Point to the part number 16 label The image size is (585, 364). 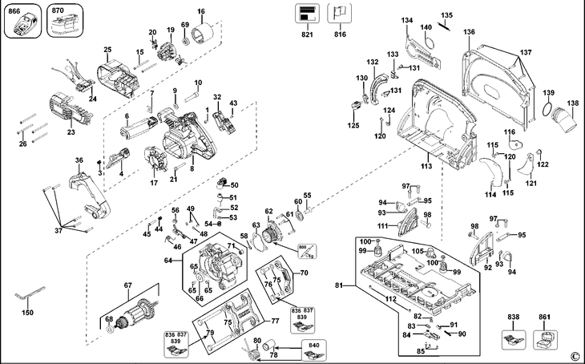(x=201, y=11)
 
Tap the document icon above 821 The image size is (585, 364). (x=306, y=13)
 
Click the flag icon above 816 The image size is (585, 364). (x=341, y=13)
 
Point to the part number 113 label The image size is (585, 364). (x=426, y=166)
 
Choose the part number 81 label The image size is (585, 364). (x=339, y=285)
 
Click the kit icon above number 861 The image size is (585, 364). (x=546, y=338)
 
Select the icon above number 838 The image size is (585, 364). (x=513, y=338)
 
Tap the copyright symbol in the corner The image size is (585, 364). (x=574, y=355)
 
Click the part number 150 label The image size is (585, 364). (x=28, y=312)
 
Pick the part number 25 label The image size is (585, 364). (x=107, y=50)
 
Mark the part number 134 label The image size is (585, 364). (x=408, y=20)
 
